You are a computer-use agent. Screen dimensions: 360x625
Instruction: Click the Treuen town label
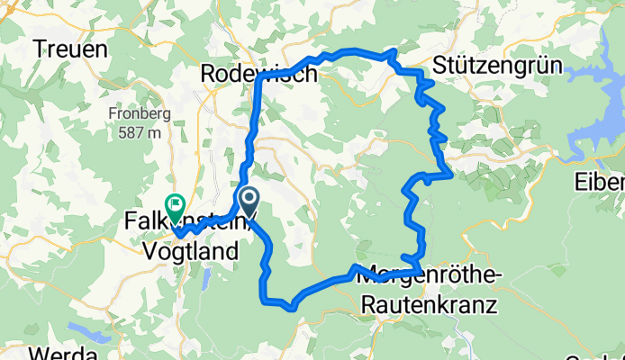(70, 49)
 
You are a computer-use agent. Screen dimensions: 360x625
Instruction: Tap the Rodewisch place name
(260, 74)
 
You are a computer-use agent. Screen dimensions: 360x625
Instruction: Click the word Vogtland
(191, 253)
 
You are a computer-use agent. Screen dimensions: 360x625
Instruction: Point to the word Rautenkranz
(430, 305)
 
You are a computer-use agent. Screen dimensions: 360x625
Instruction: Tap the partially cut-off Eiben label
(600, 184)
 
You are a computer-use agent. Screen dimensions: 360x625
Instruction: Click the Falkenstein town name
(180, 220)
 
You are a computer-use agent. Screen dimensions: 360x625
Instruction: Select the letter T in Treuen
(41, 49)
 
